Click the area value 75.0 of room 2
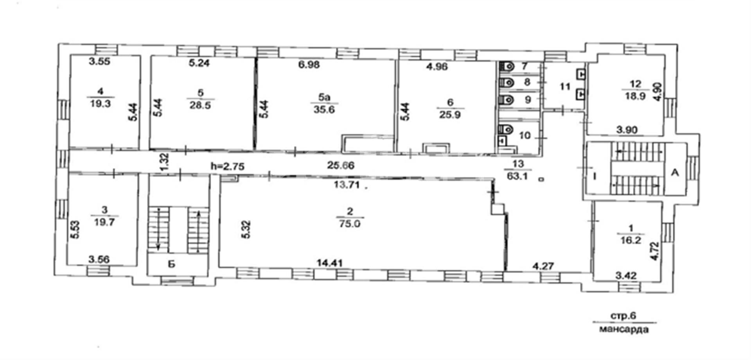click(x=350, y=224)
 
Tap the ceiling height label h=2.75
click(x=228, y=166)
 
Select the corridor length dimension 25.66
click(x=341, y=165)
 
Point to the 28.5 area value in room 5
click(x=200, y=105)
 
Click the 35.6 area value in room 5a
click(x=324, y=110)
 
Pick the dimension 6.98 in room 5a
click(x=309, y=65)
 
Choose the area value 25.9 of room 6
click(x=450, y=115)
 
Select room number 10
click(x=525, y=135)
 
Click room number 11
click(x=565, y=86)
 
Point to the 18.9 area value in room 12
click(x=635, y=96)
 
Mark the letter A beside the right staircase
click(x=675, y=173)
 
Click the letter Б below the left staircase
click(x=171, y=265)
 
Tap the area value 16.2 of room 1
click(x=631, y=241)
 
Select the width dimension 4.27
click(x=543, y=266)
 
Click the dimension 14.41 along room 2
click(x=330, y=263)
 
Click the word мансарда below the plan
click(x=623, y=329)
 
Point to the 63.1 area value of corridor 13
click(x=517, y=176)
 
